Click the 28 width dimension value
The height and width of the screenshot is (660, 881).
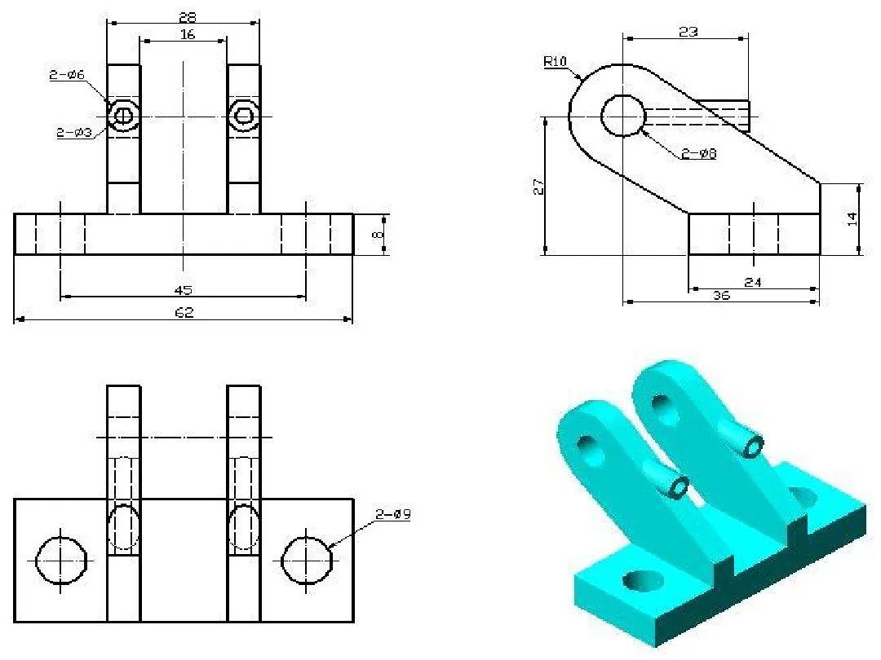coord(187,17)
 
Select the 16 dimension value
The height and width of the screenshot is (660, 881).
coord(188,35)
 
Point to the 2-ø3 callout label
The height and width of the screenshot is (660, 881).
coord(74,133)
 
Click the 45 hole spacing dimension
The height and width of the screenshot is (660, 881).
coord(184,290)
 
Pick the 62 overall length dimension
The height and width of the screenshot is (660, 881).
coord(184,312)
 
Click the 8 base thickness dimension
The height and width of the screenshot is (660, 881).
coord(379,234)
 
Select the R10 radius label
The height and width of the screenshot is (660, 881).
coord(556,61)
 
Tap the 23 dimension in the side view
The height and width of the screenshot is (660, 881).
coord(688,32)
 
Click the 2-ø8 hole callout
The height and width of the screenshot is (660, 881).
coord(699,153)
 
